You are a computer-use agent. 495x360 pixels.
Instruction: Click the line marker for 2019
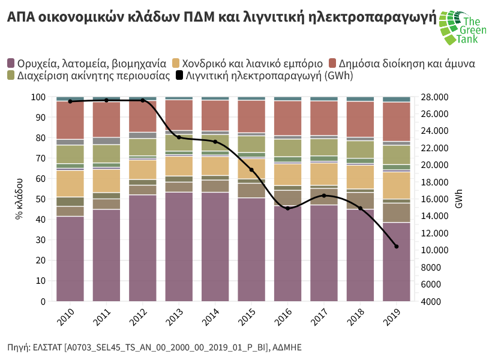click(x=396, y=246)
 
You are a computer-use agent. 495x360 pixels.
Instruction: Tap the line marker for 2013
click(x=179, y=137)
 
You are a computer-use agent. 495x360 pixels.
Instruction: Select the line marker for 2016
click(x=287, y=208)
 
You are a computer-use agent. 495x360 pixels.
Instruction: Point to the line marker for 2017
click(x=324, y=195)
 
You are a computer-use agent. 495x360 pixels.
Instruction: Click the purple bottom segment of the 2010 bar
click(x=70, y=258)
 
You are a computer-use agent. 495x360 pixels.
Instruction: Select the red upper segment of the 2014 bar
click(x=215, y=115)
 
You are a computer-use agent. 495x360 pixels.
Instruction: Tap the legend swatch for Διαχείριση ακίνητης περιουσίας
click(x=11, y=76)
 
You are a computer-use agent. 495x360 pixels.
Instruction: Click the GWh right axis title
click(x=459, y=199)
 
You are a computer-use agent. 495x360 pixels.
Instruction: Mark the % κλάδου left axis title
click(x=19, y=199)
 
